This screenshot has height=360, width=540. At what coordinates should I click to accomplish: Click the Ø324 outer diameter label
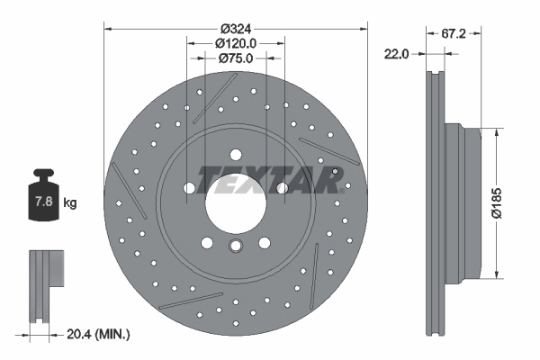point(236,27)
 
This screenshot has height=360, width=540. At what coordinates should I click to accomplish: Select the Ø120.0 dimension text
point(237,42)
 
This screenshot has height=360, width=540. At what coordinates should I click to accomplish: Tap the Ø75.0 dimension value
point(237,58)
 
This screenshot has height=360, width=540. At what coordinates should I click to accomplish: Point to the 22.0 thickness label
point(397,54)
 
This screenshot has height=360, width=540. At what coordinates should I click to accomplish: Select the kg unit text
point(70,203)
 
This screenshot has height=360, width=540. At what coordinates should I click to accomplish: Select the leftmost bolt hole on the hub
point(190,188)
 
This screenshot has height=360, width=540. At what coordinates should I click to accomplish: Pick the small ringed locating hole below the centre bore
point(236,247)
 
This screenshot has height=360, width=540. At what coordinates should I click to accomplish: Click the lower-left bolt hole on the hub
point(208,241)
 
